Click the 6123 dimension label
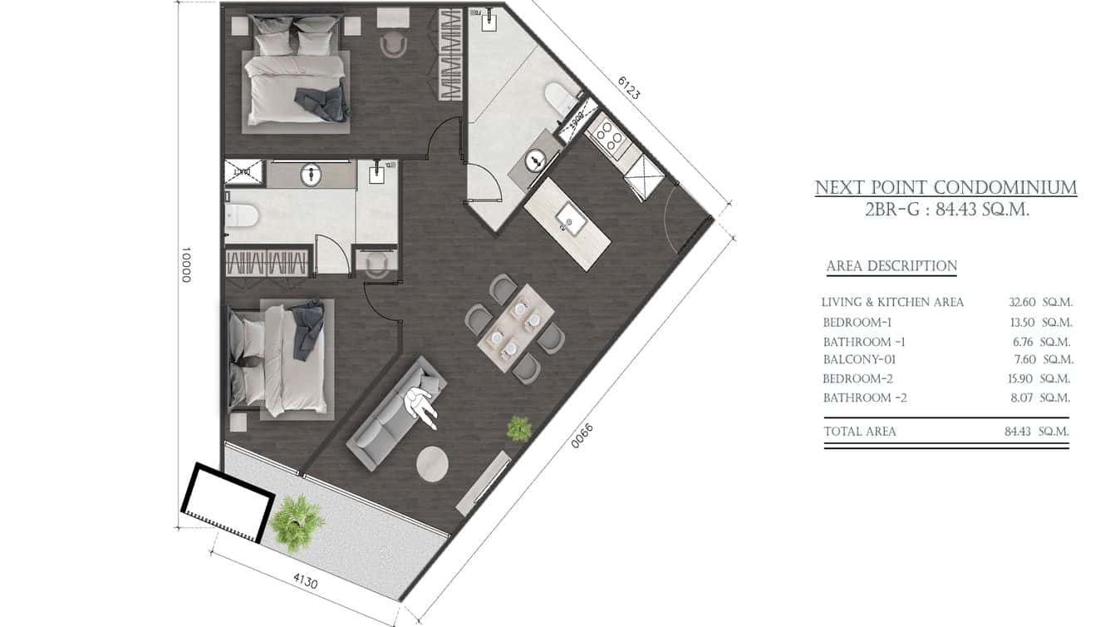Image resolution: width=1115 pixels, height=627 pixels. pos(629,87)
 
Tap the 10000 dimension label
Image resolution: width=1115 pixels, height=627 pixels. pos(186,264)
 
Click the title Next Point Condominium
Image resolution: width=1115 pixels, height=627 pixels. pos(946,188)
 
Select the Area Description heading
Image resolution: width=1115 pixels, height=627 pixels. pos(891,266)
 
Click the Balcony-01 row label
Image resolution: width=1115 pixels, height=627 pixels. pos(859,360)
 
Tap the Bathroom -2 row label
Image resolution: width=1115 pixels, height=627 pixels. pos(864,398)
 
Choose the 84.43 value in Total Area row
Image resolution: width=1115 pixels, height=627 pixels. pos(1020,432)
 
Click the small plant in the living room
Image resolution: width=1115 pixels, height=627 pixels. pos(520,428)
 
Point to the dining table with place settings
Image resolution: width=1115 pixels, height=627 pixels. pos(516,328)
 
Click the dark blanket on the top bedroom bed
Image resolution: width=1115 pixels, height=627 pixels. pos(323,102)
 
